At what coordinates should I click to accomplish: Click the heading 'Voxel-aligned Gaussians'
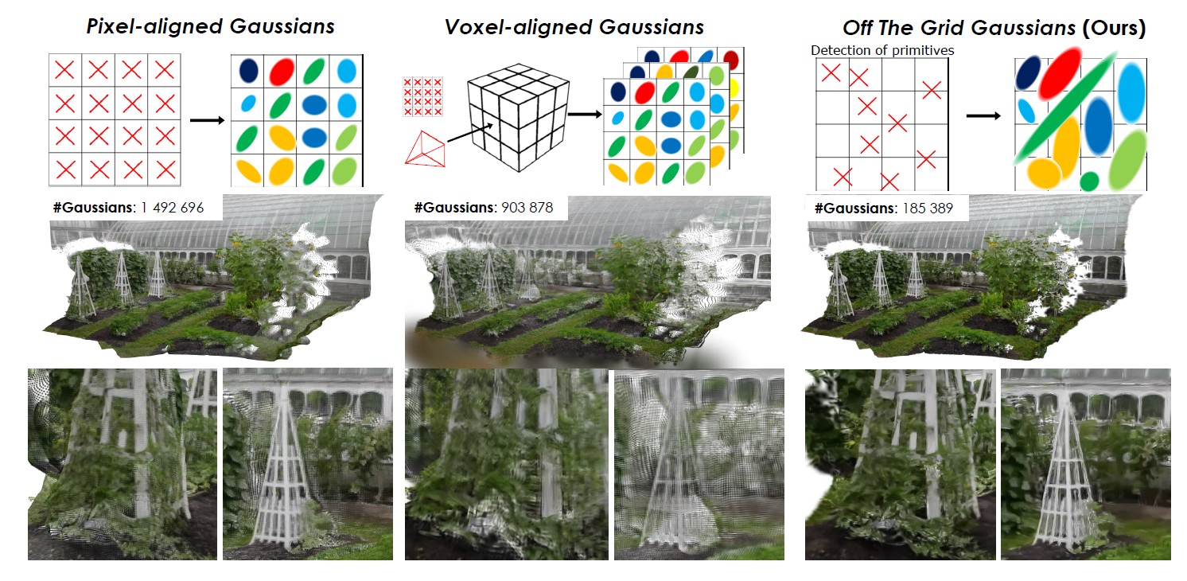coord(574,27)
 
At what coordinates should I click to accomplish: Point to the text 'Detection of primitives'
coord(882,51)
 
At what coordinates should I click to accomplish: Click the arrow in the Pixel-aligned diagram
coord(206,121)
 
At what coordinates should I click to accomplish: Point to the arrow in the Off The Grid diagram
coord(983,115)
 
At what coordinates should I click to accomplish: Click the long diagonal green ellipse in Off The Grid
coord(1061,111)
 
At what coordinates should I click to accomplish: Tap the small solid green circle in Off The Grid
coord(1089,181)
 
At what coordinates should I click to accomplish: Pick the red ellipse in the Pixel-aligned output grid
coord(281,72)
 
